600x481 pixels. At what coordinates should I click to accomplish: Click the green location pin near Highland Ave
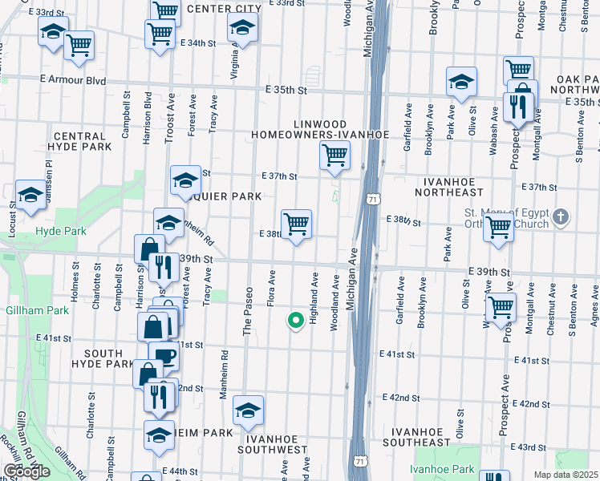[294, 320]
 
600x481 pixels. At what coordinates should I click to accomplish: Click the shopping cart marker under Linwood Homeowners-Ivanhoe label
[334, 155]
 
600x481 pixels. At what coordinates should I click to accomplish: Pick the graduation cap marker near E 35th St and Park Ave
[461, 82]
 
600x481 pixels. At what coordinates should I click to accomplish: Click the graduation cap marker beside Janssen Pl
[30, 195]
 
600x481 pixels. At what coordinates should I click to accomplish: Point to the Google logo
[26, 472]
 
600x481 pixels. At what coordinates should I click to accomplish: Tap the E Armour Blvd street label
[73, 79]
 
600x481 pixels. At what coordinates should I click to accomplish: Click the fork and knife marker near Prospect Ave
[516, 107]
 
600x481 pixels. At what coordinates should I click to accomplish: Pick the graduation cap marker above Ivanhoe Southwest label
[249, 411]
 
